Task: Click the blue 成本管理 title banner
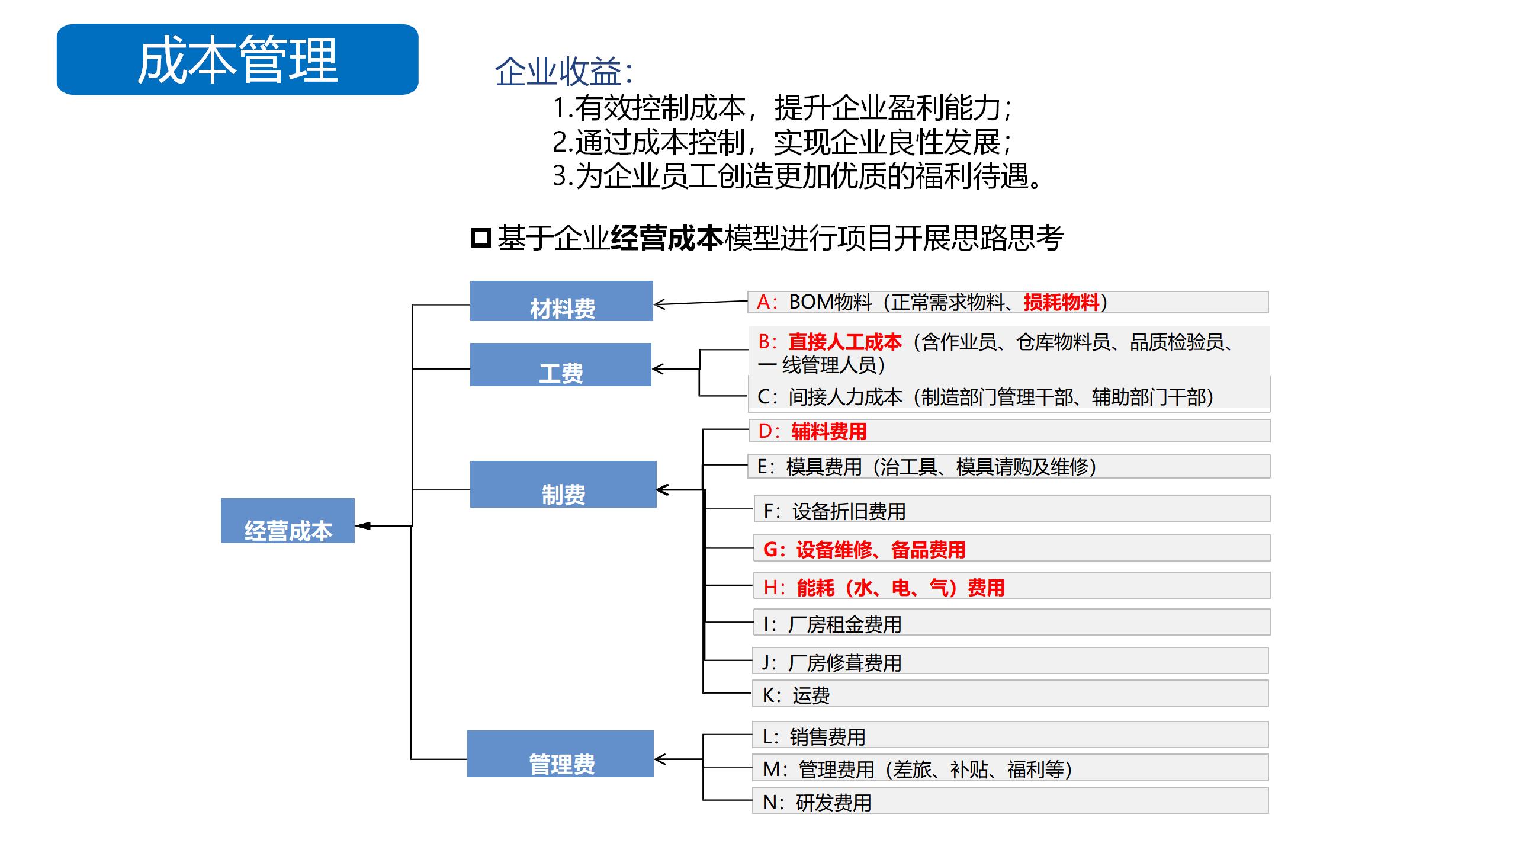coord(237,59)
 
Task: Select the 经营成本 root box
coord(288,521)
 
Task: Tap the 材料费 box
coord(561,301)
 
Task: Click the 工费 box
coord(561,364)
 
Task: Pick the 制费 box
coord(563,484)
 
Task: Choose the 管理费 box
coord(560,753)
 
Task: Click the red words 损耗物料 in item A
coord(1061,302)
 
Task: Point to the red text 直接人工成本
coord(845,342)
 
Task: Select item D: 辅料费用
coord(1009,431)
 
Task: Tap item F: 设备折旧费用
coord(1012,509)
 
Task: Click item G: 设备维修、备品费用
coord(1012,548)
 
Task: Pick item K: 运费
coord(1010,693)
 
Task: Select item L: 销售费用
coord(1010,735)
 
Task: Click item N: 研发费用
coord(1010,800)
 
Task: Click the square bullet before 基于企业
coord(481,238)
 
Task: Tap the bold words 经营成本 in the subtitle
coord(667,238)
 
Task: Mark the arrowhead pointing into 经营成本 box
coord(362,525)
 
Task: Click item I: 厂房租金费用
coord(1011,622)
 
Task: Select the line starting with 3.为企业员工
coord(797,176)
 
